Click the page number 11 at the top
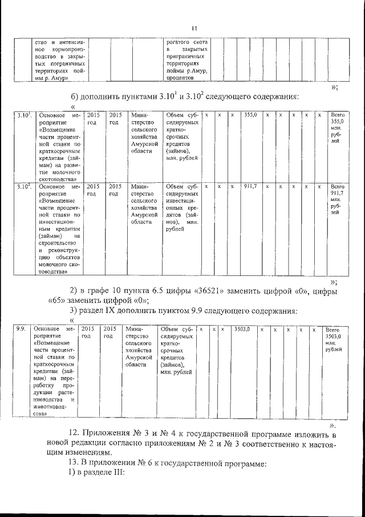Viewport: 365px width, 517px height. [194, 29]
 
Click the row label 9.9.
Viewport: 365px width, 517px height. [20, 330]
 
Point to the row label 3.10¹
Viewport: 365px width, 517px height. [23, 115]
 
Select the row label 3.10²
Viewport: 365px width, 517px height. [23, 186]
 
